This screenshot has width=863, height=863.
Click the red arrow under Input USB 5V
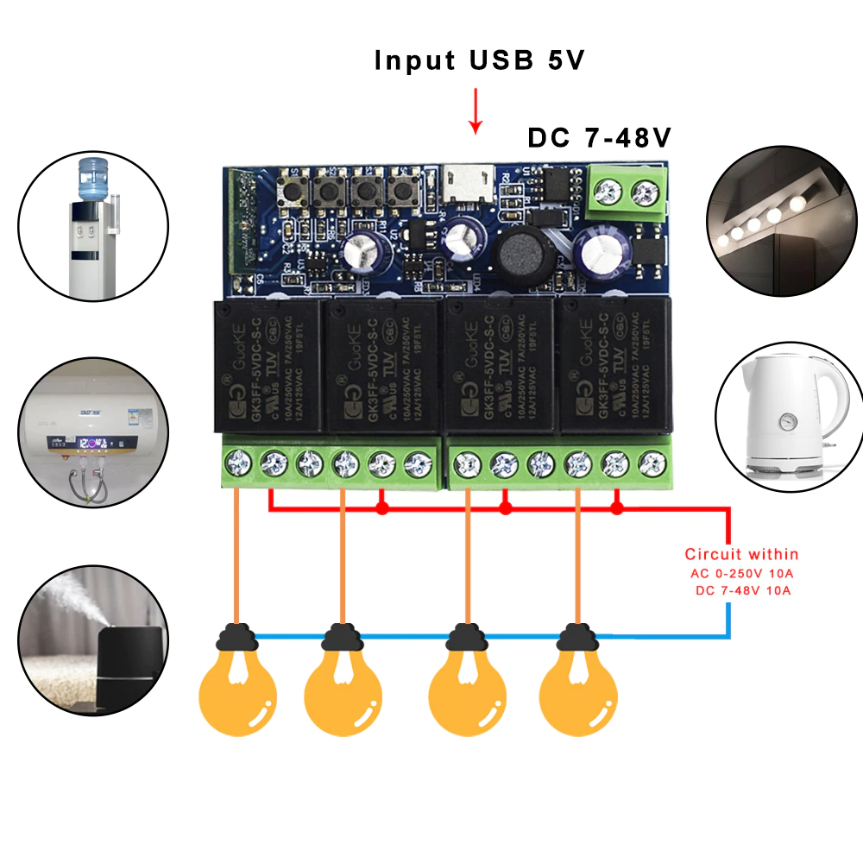[474, 111]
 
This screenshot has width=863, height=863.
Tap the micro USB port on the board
[465, 183]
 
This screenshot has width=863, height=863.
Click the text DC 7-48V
[600, 138]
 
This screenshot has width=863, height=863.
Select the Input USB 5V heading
[479, 60]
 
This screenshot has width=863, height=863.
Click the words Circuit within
[741, 554]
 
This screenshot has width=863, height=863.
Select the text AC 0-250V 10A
[741, 574]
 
